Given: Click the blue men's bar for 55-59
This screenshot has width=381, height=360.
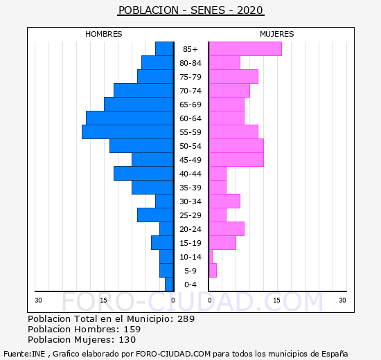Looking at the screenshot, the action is click(x=127, y=132).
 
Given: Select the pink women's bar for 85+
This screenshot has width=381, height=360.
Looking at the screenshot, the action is click(x=245, y=49).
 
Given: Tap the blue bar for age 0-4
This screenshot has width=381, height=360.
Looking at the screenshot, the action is click(x=169, y=285).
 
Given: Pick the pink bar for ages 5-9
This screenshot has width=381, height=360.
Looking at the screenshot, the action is click(x=213, y=271).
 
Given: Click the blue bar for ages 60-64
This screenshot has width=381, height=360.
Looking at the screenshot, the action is click(x=130, y=118).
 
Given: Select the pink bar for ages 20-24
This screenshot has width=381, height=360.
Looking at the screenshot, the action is click(x=227, y=229).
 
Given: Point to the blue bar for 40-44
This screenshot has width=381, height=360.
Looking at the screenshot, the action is click(x=143, y=174).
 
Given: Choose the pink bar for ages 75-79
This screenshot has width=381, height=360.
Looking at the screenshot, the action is click(x=233, y=77).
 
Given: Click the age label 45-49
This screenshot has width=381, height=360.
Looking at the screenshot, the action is click(x=190, y=160).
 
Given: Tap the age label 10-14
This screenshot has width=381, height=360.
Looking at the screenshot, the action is click(x=190, y=257).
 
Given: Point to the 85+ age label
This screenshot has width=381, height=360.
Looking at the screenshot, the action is click(x=190, y=49).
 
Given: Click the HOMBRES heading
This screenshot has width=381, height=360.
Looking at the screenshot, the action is click(x=104, y=34).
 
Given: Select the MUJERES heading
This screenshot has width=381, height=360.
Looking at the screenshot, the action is click(x=277, y=34).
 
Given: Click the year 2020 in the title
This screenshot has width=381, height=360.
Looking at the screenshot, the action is click(x=250, y=10).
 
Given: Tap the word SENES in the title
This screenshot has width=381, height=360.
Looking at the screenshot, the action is click(x=208, y=10).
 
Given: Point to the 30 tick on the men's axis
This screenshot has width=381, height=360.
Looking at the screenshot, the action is click(x=38, y=300).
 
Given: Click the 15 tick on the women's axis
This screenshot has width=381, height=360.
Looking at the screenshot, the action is click(x=276, y=300).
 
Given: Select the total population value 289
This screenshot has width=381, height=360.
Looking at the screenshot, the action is click(x=186, y=319).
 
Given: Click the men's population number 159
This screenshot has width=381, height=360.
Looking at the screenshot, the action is click(x=132, y=330).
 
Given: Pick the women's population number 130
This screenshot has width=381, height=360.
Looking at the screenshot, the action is click(x=127, y=340).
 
